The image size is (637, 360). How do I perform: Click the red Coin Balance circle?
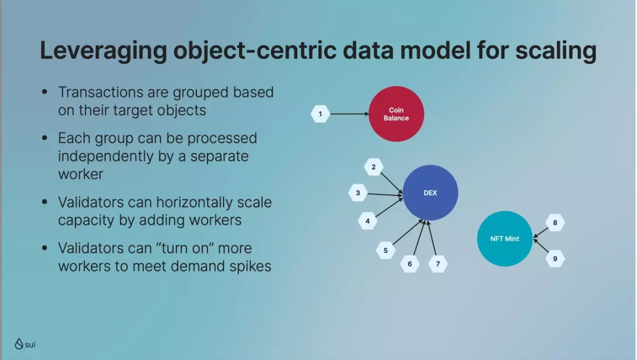396,114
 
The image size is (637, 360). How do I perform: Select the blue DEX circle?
430,193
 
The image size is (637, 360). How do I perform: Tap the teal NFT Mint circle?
504,239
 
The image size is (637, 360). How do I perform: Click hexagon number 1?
320,114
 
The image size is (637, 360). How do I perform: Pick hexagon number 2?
373,167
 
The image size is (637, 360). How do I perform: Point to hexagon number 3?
357,192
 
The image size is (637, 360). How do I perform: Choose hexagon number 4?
367,221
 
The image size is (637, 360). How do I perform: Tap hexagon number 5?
386,250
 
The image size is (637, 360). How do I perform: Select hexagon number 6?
410,264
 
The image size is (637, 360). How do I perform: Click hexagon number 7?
438,264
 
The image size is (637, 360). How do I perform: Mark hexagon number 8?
555,222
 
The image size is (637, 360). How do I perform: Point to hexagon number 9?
555,258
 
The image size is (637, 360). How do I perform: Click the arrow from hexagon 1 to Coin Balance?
349,114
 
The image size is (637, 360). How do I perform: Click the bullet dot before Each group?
45,139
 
